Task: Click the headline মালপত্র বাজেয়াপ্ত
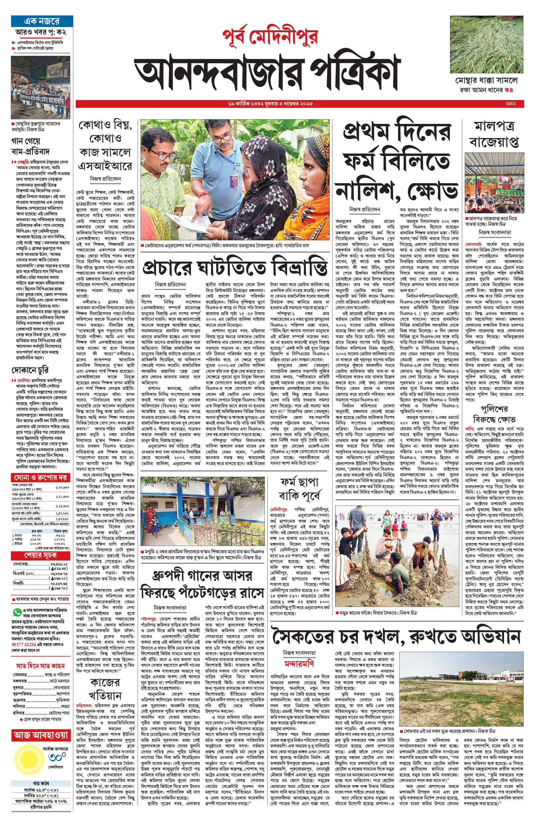coord(494,134)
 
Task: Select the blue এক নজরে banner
coord(42,21)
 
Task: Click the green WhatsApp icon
coord(16,612)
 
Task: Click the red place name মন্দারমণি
coord(299,663)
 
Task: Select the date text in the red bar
coord(270,104)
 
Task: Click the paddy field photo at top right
coord(486,44)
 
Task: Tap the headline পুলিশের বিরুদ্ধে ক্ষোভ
coord(494,414)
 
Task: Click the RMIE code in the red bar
coord(511,104)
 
